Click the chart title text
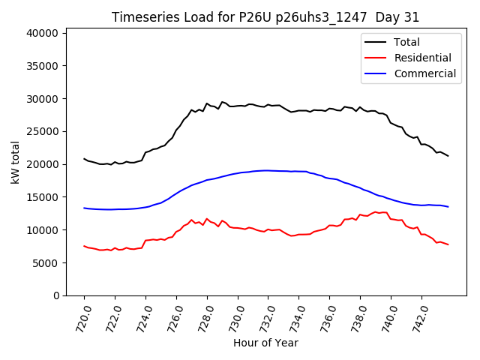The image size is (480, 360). pos(265,17)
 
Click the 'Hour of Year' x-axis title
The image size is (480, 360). pos(265,343)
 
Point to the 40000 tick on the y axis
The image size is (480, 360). pos(44,33)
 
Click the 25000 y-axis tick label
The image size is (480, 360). pos(44,131)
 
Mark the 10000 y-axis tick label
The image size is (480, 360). pos(44,230)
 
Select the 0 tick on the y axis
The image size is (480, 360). pos(57,295)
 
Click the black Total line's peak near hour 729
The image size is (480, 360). pos(222,101)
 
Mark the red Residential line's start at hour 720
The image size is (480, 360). pos(84,246)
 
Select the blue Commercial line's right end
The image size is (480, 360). pos(448,207)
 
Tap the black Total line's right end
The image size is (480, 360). pos(448,156)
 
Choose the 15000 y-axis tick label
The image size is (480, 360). pos(44,197)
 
